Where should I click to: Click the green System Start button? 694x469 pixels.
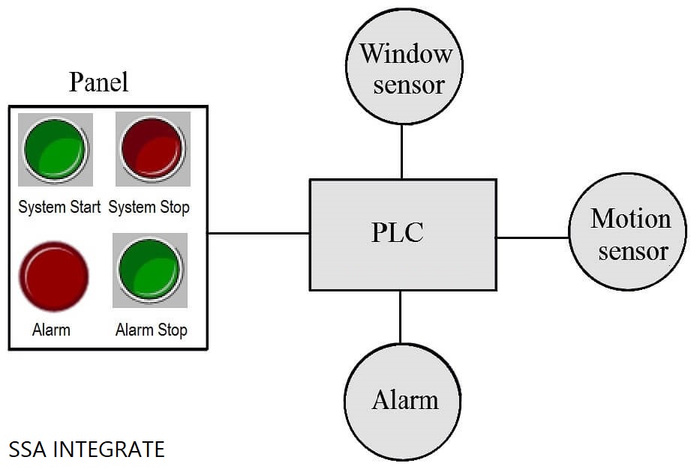coord(55,149)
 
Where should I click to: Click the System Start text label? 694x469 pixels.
coord(59,207)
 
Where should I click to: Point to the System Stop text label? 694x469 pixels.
coord(149,207)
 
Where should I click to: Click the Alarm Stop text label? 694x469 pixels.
coord(151,330)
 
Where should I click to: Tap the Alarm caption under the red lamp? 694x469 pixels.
coord(52,330)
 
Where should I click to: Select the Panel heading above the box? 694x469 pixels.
coord(98,82)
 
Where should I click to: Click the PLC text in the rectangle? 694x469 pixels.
coord(398,233)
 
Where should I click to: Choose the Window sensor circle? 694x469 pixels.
coord(404,68)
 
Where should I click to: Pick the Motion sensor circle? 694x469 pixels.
coord(628,234)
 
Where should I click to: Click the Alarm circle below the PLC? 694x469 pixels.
coord(403,401)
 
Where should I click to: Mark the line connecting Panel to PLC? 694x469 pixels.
coord(258,233)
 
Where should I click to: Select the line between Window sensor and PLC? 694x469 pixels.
coord(401,152)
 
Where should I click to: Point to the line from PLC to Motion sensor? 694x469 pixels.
coord(532,237)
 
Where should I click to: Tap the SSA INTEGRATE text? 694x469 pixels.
coord(86,450)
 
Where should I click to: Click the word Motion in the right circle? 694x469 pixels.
coord(630,219)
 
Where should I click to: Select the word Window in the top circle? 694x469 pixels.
coord(406,54)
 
